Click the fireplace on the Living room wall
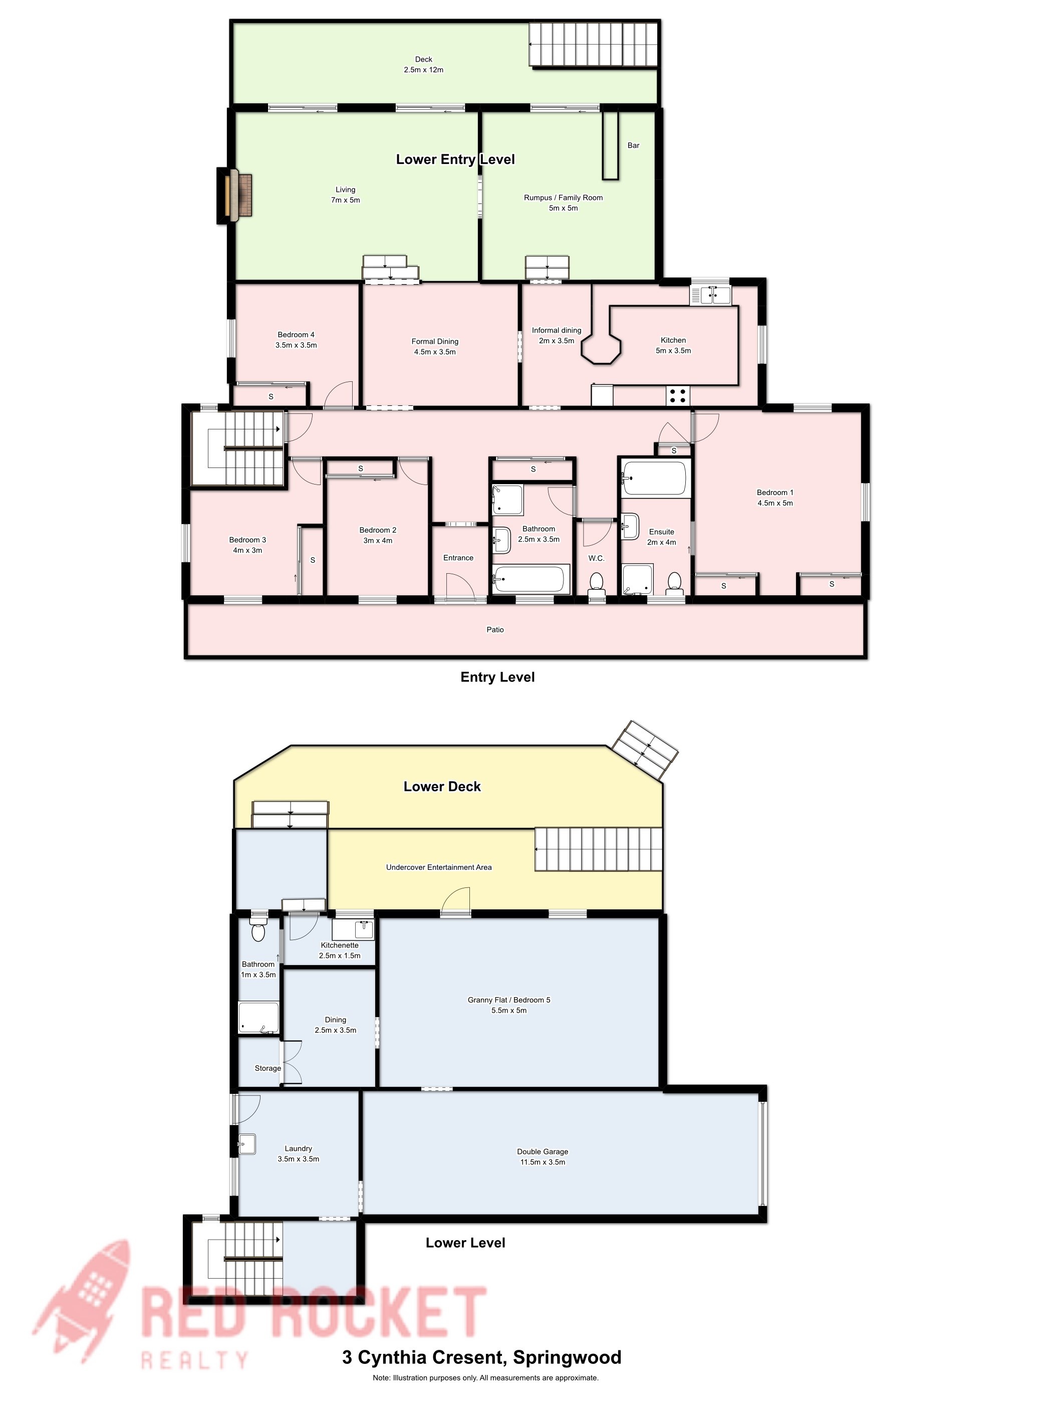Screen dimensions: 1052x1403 tap(235, 195)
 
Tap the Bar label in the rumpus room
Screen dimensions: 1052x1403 tap(633, 145)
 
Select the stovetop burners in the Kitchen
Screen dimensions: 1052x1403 tap(677, 396)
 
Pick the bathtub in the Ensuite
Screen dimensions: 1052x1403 tap(654, 478)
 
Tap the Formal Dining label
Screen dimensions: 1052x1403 tap(434, 341)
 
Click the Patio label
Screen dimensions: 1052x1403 tap(494, 630)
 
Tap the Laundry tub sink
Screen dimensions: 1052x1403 tap(247, 1143)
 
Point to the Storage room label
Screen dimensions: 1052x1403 tap(268, 1068)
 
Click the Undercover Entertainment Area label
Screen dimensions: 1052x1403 tap(439, 867)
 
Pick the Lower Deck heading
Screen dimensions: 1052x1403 tap(442, 787)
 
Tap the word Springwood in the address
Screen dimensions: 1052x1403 tap(567, 1358)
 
